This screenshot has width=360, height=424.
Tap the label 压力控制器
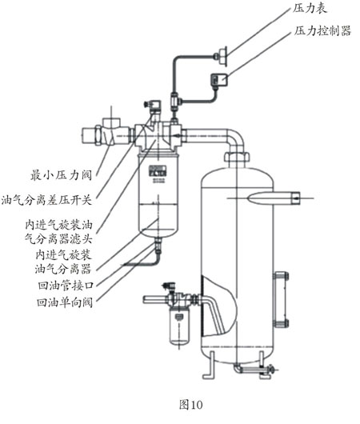click(323, 31)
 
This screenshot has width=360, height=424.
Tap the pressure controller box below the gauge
click(216, 79)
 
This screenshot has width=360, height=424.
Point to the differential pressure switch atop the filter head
click(152, 106)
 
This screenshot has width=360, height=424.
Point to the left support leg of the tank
click(210, 370)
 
